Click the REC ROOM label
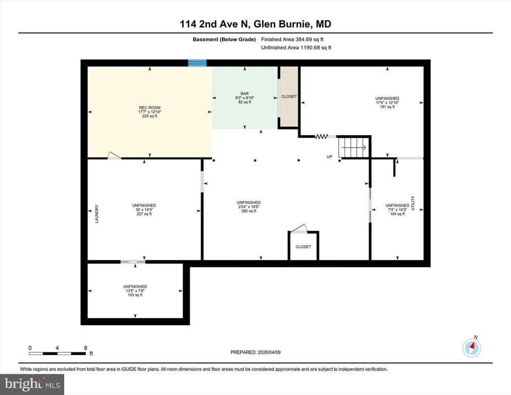[149, 107]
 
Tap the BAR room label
[244, 94]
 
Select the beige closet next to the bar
[289, 97]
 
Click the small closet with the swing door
[303, 247]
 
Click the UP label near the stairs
[330, 156]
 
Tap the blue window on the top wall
[197, 63]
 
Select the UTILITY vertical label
[413, 202]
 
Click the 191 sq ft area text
[387, 107]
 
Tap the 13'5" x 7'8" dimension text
[135, 291]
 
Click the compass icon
[471, 348]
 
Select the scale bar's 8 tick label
[85, 348]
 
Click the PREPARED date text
[255, 352]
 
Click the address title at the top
[255, 24]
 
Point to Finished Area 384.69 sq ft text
[292, 39]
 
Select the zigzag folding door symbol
[321, 136]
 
